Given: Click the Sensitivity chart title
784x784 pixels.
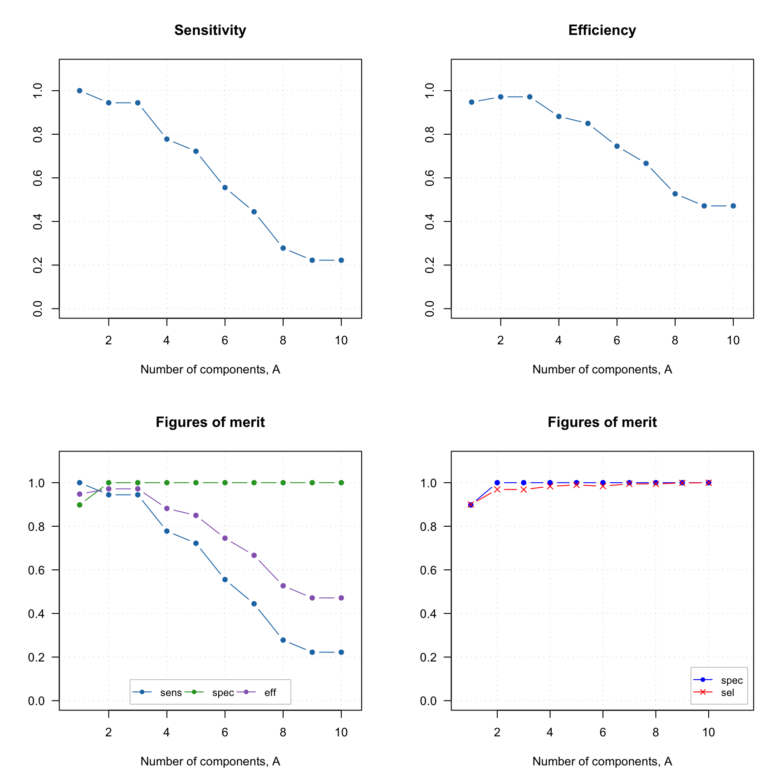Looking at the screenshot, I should (x=210, y=30).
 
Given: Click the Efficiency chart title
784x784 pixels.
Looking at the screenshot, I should (x=602, y=30).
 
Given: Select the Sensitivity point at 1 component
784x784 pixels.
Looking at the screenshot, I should (x=79, y=91).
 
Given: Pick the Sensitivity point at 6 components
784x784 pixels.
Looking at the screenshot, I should (x=225, y=187).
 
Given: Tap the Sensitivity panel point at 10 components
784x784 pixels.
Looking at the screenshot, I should (x=341, y=260).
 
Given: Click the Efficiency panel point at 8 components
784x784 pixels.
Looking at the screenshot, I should (x=675, y=194).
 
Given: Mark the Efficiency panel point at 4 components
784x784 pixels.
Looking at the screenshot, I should (x=559, y=117).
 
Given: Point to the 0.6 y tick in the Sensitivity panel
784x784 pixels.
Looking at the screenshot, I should (x=38, y=178).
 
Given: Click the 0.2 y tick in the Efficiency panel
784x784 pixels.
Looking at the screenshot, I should (x=430, y=265).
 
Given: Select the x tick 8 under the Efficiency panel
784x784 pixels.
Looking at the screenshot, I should (x=675, y=341).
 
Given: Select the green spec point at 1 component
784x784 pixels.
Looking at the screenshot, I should (x=79, y=505).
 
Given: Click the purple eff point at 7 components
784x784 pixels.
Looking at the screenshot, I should (x=254, y=555).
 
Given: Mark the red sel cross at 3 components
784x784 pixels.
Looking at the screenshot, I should (x=524, y=490).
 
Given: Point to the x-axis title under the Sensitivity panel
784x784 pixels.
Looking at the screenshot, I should (x=210, y=370).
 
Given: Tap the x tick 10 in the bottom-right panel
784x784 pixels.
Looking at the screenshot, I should (x=709, y=733).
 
